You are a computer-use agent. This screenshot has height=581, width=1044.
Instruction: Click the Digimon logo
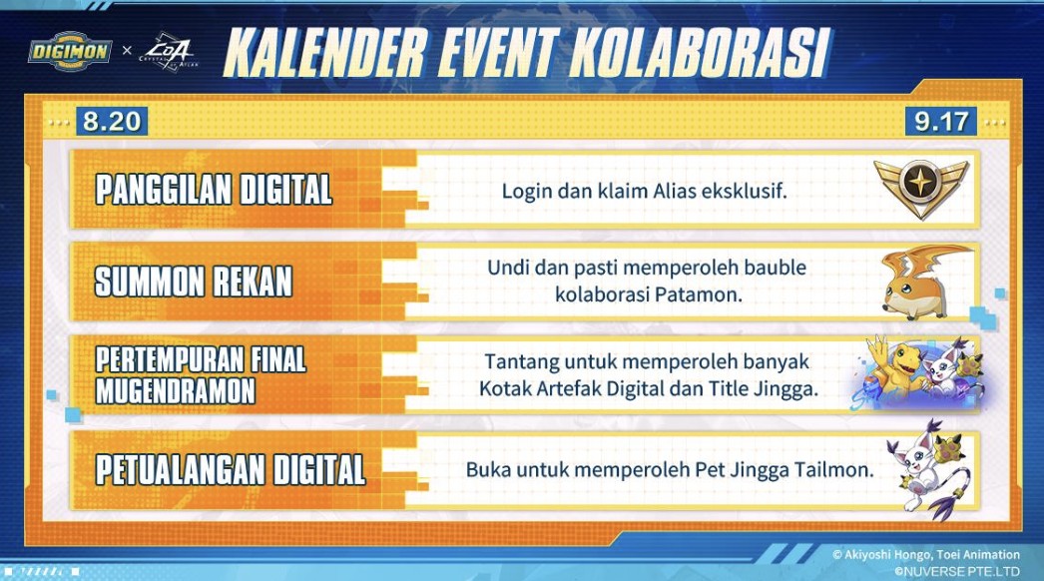click(x=69, y=49)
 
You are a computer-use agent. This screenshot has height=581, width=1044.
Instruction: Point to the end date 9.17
click(x=941, y=122)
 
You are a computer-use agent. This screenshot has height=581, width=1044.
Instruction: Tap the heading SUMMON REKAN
click(x=194, y=282)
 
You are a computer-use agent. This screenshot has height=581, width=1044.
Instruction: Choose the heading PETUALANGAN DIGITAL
click(x=231, y=468)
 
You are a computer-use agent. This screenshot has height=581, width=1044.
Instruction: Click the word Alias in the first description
click(x=689, y=189)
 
